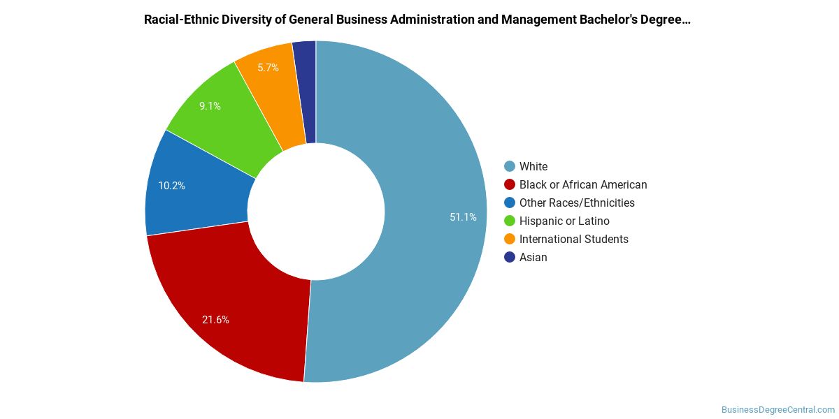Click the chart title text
coord(417,20)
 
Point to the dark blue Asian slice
coord(306,91)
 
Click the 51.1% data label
coord(463,217)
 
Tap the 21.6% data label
coord(215,320)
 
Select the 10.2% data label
coord(171,186)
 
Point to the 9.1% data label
coord(210,106)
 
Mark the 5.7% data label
coord(268,68)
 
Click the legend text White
coord(533,166)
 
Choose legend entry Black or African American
coord(583,184)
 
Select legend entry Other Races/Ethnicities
coord(577,203)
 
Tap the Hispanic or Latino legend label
coord(564,221)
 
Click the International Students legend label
coord(573,239)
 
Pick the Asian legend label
coord(533,257)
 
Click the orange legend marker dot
coord(510,239)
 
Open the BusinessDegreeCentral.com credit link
coord(778,410)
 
